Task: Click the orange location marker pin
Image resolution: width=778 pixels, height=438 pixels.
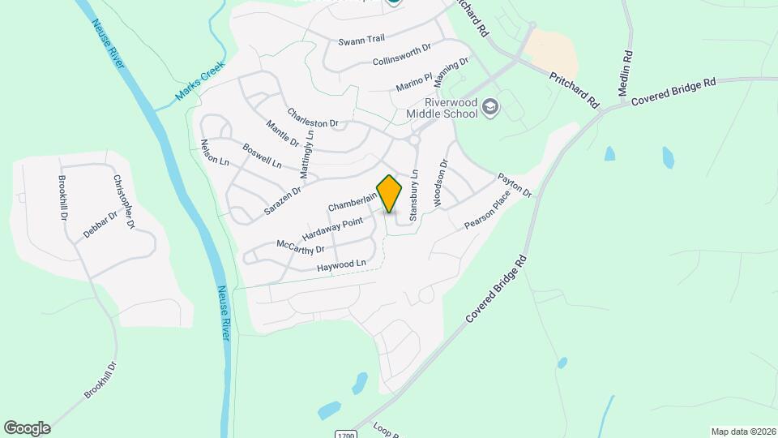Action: (x=389, y=193)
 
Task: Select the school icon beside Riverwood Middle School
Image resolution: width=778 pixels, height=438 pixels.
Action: (x=489, y=106)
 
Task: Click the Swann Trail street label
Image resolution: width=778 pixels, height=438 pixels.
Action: (x=361, y=40)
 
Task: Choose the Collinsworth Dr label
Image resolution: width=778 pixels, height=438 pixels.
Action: (x=403, y=55)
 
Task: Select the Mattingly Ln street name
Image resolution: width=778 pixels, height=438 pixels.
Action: (x=306, y=153)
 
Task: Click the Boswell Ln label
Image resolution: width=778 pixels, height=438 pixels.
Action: (x=263, y=155)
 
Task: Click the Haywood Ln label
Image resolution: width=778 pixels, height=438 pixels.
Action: (x=342, y=264)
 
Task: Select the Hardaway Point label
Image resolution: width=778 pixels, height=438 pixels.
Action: (x=332, y=228)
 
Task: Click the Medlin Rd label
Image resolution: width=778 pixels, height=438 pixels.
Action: (x=625, y=73)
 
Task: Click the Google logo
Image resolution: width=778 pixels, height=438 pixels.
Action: (x=27, y=427)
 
